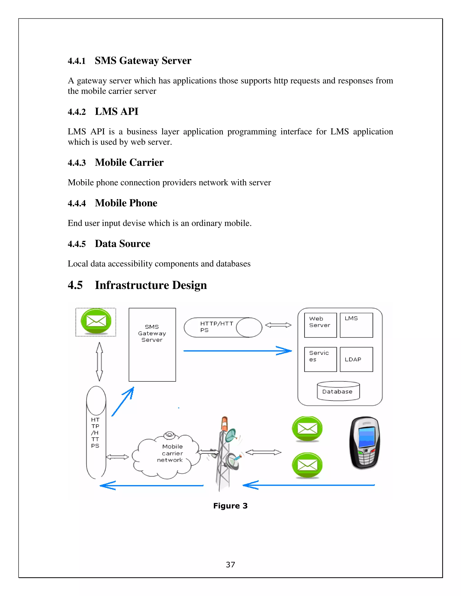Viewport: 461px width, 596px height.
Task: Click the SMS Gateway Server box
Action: tap(152, 344)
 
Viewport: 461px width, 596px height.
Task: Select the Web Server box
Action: tap(320, 325)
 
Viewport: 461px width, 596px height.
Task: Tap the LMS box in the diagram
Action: tap(356, 325)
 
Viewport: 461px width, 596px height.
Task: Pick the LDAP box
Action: tap(356, 359)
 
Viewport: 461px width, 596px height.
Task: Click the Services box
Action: tap(320, 359)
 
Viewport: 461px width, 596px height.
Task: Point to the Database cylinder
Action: tap(338, 391)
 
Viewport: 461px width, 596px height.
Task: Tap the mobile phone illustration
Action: tap(365, 443)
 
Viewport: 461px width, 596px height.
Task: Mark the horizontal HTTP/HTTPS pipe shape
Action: tap(223, 327)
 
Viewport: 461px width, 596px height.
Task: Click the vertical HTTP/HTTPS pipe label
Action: tap(95, 432)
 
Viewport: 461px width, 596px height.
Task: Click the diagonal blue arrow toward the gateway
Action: tap(123, 401)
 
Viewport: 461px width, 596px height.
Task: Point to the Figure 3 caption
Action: tap(230, 506)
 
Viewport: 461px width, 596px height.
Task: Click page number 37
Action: tap(230, 564)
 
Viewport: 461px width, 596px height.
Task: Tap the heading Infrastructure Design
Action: tap(151, 285)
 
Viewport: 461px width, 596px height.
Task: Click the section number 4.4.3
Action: tap(77, 163)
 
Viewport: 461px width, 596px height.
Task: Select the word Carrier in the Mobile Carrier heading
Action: tap(146, 162)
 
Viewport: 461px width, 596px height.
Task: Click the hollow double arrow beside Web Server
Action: tap(278, 325)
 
